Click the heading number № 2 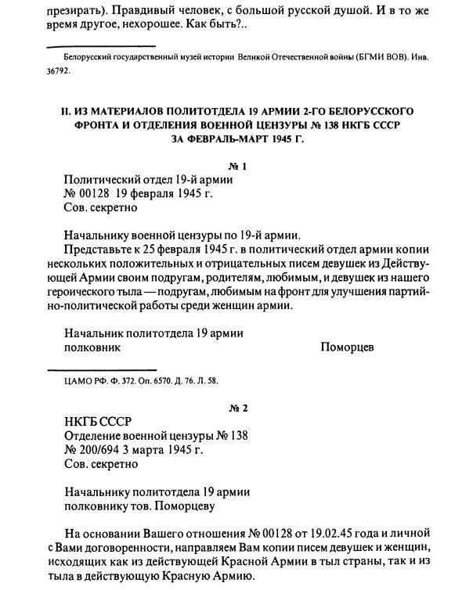click(236, 408)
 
